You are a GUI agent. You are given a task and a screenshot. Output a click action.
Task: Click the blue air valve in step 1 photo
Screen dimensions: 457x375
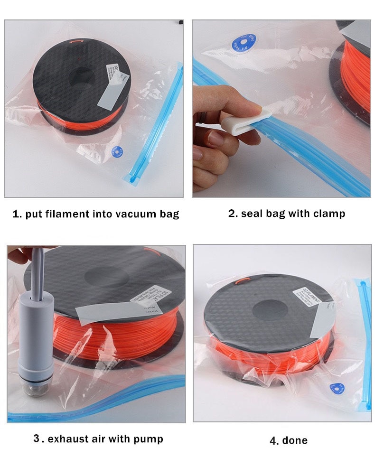[115, 151]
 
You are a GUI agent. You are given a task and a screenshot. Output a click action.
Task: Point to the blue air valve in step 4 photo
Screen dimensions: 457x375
[339, 388]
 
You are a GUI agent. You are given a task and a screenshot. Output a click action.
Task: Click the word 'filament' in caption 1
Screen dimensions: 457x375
[68, 214]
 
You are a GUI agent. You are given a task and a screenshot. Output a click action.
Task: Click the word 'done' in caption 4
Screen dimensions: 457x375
[295, 440]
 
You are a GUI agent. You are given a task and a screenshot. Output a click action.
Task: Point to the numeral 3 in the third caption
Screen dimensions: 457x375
[37, 438]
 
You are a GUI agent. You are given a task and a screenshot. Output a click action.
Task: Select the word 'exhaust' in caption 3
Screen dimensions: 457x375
[66, 438]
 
